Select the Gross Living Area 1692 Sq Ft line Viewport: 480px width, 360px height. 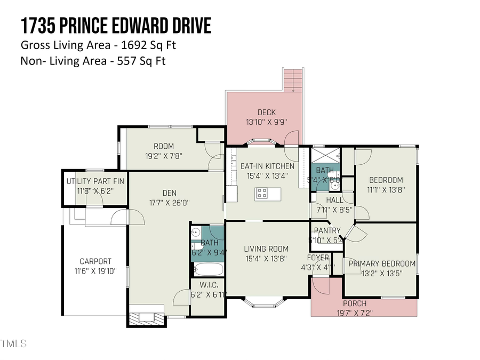[x=98, y=45]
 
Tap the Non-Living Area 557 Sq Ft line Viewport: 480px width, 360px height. [x=93, y=61]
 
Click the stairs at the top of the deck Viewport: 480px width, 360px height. [x=293, y=81]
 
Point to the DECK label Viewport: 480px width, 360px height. [x=266, y=112]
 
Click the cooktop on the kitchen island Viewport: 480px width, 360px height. [x=261, y=193]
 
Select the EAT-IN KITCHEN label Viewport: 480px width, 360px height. [x=267, y=166]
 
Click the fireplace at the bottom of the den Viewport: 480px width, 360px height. [x=146, y=315]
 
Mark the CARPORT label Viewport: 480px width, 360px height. [x=95, y=261]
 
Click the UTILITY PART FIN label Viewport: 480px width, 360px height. [x=95, y=181]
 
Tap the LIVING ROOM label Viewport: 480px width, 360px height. [x=266, y=249]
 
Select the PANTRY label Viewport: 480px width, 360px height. [x=327, y=230]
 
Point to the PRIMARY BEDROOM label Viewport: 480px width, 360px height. [x=381, y=263]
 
